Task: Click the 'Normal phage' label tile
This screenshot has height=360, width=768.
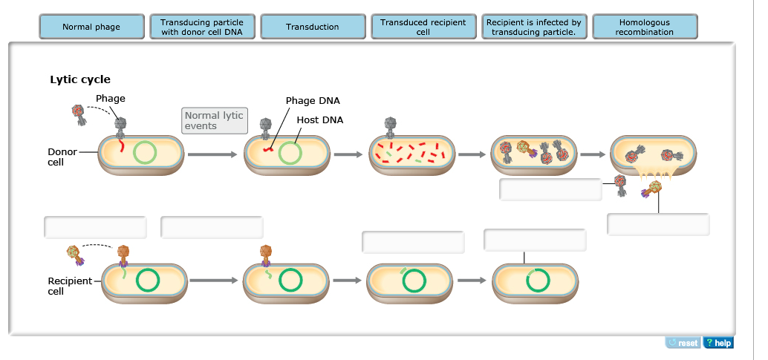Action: click(91, 27)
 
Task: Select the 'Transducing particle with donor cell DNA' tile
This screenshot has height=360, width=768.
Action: click(201, 27)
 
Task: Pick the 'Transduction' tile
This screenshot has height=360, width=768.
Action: click(312, 27)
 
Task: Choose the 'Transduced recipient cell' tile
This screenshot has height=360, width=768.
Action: click(423, 27)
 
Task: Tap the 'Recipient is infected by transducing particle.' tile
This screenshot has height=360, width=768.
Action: click(533, 27)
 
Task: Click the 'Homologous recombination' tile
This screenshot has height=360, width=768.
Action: click(644, 27)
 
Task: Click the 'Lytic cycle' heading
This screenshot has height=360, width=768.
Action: click(80, 79)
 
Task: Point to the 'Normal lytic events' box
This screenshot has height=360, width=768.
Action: click(215, 120)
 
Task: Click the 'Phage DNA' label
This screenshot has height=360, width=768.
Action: click(313, 101)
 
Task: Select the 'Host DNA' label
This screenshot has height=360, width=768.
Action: click(319, 120)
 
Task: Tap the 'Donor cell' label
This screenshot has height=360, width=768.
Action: click(62, 157)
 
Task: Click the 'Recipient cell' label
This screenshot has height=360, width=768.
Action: click(70, 286)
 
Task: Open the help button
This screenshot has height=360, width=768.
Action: click(718, 342)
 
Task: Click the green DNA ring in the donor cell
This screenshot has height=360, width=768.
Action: click(145, 153)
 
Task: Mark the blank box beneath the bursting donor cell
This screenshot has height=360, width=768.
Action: click(657, 224)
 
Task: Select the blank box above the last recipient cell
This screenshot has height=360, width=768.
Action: click(535, 240)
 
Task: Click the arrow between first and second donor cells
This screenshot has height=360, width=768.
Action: click(212, 155)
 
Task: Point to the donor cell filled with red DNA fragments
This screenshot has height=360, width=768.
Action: click(411, 154)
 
